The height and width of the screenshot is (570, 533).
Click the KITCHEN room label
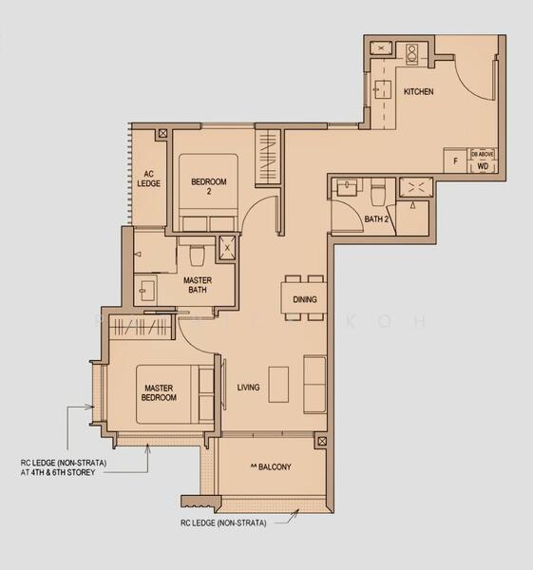tap(418, 92)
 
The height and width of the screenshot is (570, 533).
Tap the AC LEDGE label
tap(148, 179)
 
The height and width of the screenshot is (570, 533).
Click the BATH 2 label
tap(378, 219)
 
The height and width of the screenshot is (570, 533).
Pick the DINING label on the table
tap(305, 299)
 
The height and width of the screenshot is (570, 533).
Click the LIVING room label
tap(248, 387)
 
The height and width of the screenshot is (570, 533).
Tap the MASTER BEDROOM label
tap(160, 392)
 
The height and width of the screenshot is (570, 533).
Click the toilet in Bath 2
tap(378, 193)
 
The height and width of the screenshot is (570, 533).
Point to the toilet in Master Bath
tap(198, 255)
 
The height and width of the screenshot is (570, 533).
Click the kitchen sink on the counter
tap(383, 90)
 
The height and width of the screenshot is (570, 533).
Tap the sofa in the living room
tap(314, 384)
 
